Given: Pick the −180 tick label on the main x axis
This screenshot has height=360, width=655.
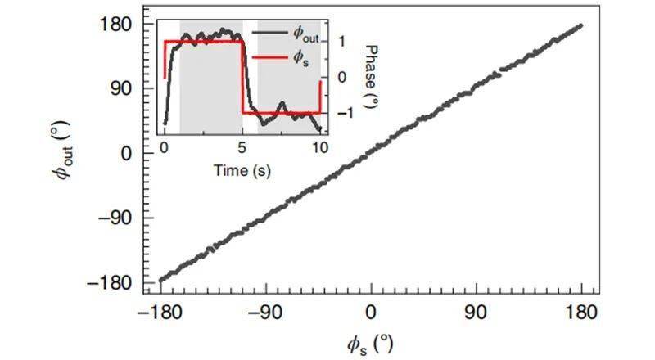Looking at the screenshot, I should (x=160, y=312).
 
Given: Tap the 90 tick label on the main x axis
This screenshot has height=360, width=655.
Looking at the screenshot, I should (x=477, y=312).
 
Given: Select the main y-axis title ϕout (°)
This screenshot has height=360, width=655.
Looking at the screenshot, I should (x=70, y=154).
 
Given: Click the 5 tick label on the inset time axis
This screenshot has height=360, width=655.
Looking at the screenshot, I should (x=242, y=148).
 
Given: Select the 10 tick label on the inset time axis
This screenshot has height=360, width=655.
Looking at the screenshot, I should (x=320, y=148).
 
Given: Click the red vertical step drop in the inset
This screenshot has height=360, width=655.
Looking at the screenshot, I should (x=242, y=78).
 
